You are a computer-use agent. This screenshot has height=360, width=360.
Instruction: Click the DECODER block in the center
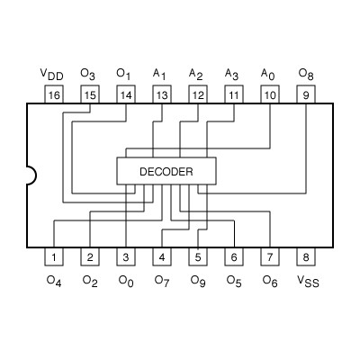click(166, 170)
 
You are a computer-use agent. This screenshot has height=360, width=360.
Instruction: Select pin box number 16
click(54, 94)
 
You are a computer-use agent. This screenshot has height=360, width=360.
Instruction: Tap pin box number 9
click(306, 94)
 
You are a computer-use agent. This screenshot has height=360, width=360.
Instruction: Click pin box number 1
click(54, 257)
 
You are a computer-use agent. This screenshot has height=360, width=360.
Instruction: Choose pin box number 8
click(306, 257)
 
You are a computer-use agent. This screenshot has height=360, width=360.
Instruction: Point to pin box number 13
click(162, 94)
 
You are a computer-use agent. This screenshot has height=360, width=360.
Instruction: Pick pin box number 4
click(162, 257)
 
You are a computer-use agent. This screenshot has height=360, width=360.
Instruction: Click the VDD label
click(52, 73)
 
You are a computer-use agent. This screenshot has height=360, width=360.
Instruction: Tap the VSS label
click(308, 281)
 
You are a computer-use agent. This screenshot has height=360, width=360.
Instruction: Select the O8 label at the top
click(306, 73)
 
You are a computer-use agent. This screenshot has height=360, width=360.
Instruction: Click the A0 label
click(268, 73)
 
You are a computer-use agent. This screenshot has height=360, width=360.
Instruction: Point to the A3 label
click(232, 73)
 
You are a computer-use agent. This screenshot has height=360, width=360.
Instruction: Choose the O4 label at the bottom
click(54, 281)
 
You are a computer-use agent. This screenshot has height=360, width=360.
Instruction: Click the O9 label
click(198, 281)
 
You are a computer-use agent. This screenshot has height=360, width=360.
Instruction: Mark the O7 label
click(162, 281)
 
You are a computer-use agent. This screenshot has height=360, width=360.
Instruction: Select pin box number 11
click(234, 94)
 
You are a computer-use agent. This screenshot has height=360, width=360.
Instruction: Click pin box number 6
click(234, 257)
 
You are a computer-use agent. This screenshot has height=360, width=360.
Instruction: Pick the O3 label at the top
click(88, 73)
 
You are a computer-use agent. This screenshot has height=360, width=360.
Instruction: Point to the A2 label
click(196, 73)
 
